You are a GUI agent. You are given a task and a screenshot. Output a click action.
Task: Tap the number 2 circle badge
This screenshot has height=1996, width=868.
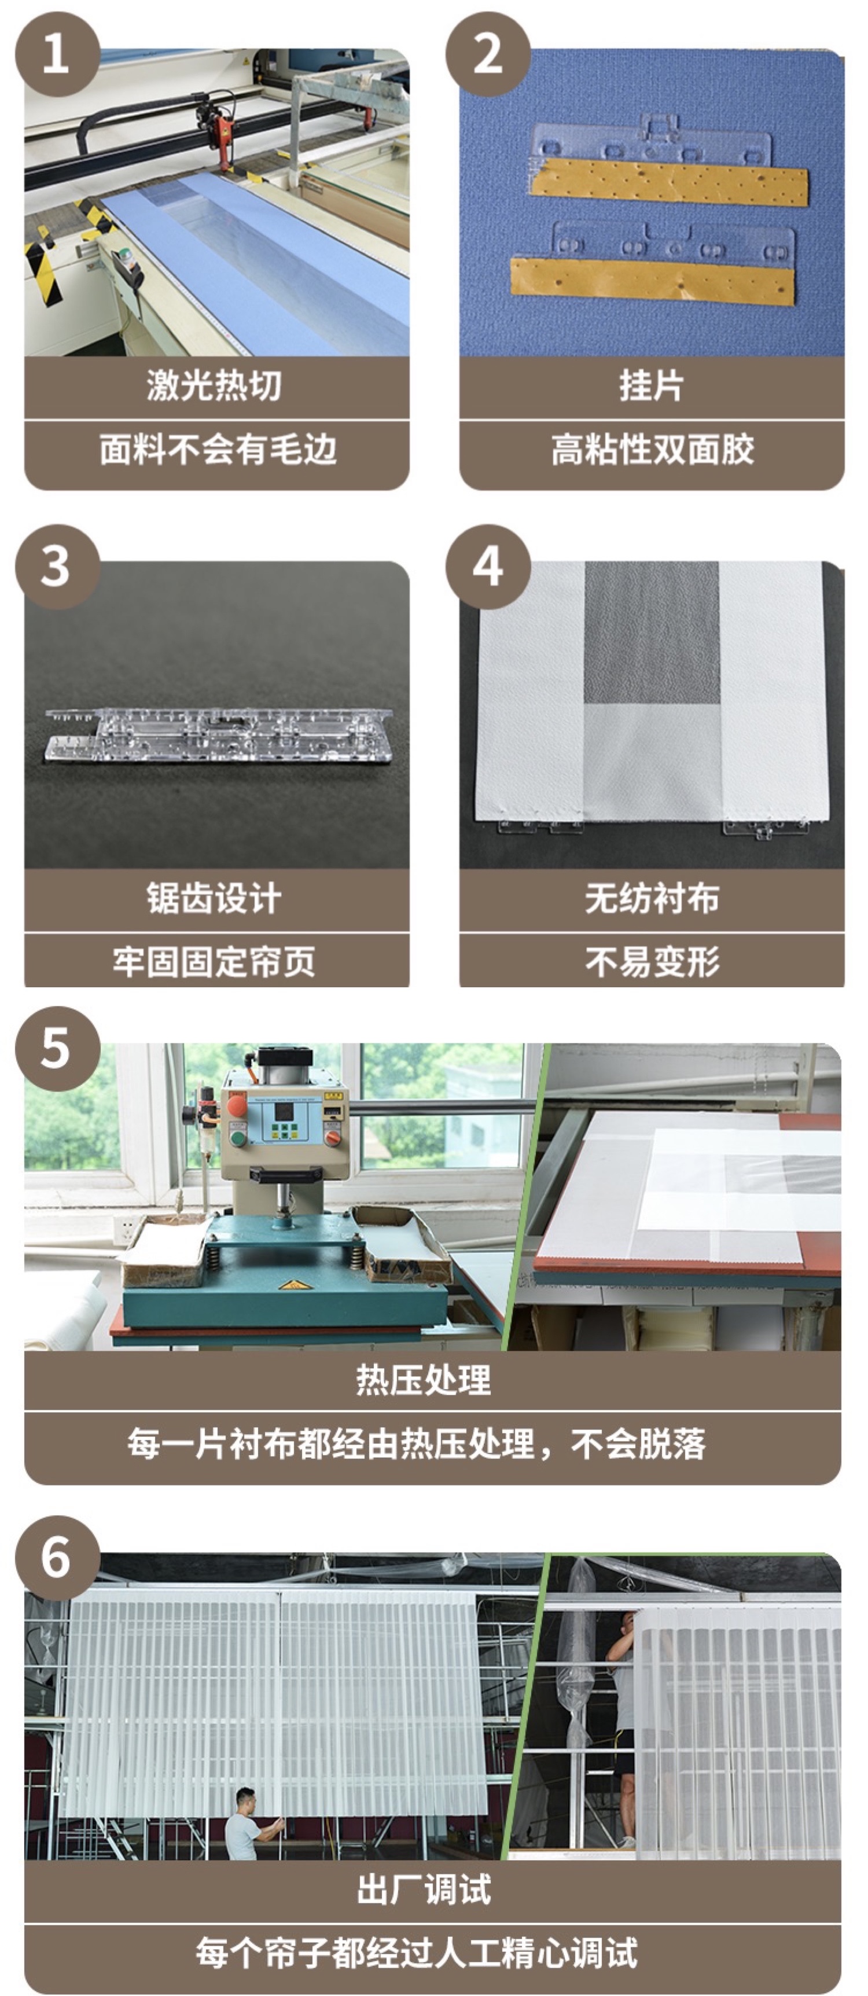[487, 54]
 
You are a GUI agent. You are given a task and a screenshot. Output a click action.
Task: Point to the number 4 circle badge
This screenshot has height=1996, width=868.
[487, 567]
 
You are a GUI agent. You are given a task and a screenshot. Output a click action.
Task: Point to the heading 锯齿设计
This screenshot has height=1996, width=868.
[214, 899]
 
